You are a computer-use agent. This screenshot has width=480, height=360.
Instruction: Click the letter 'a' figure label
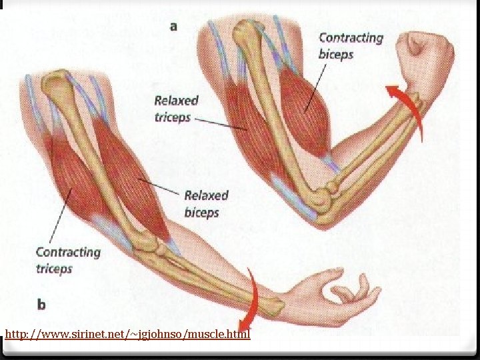coord(175,27)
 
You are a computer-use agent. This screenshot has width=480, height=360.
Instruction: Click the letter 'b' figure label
coord(41,305)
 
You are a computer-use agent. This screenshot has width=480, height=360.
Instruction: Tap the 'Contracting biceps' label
coord(351,46)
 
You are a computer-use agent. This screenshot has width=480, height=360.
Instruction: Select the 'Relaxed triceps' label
coord(176,109)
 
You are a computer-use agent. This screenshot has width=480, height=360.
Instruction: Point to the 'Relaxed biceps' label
coord(205,204)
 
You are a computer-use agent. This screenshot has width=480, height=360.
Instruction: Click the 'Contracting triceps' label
coord(67,260)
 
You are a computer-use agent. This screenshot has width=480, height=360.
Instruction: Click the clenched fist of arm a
coord(424,57)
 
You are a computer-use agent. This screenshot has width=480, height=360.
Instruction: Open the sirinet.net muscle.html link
coord(127,333)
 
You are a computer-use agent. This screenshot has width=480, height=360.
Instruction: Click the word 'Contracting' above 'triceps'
coord(67,252)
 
